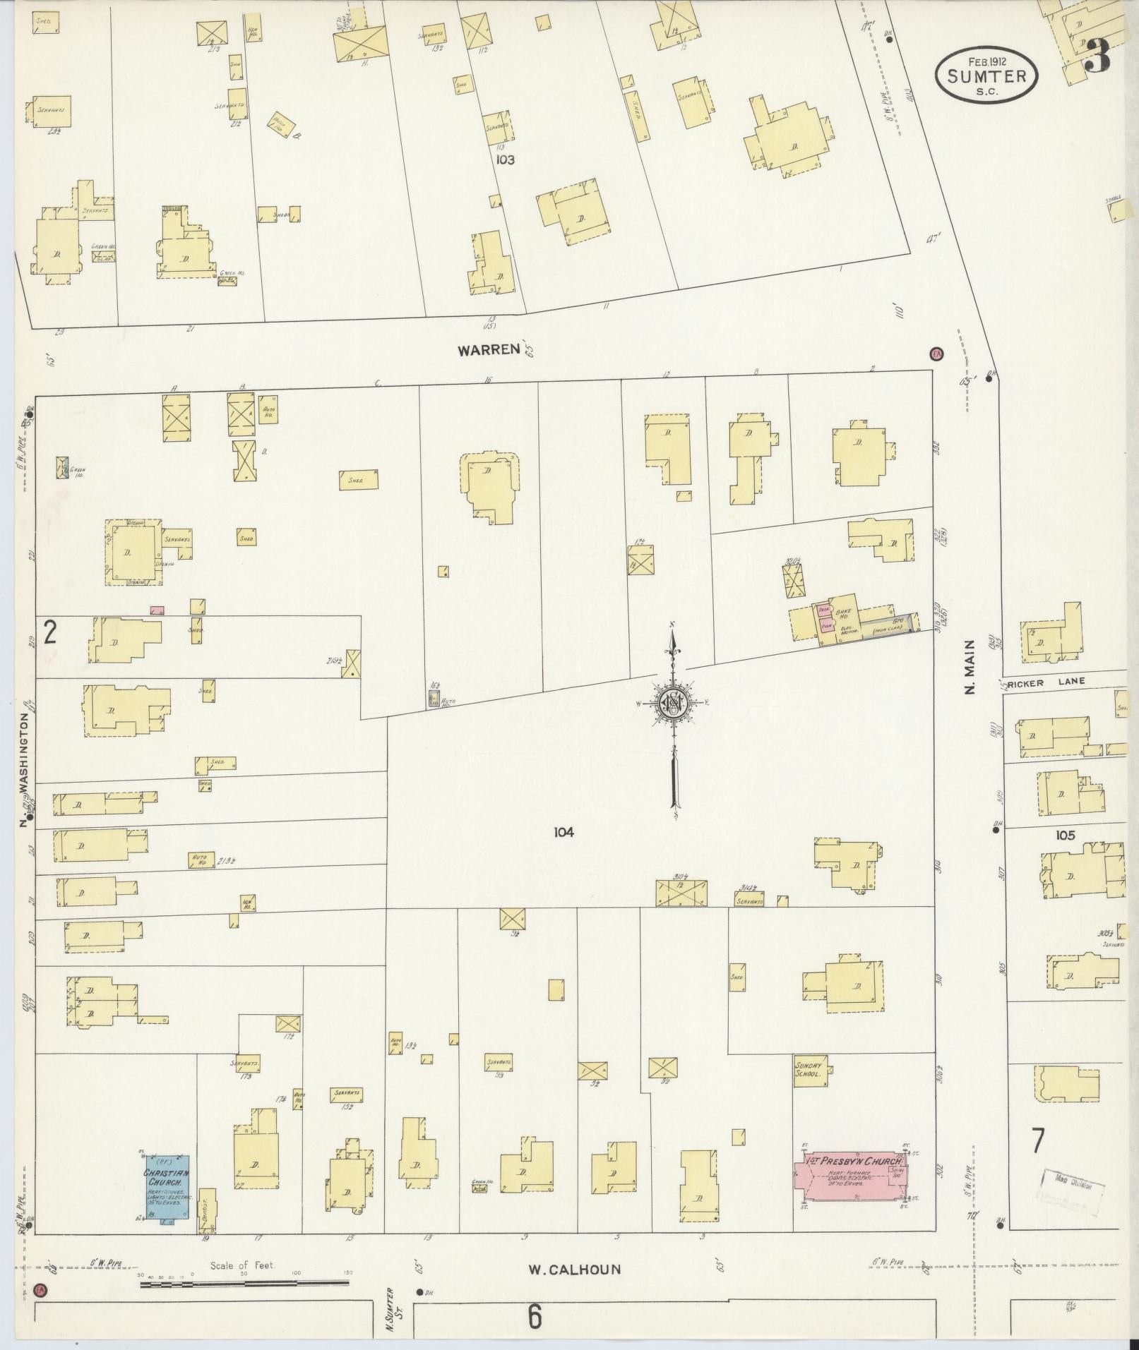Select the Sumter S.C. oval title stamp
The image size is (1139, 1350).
986,76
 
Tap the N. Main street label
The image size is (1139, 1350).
970,667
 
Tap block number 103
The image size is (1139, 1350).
505,160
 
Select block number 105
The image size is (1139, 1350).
1065,836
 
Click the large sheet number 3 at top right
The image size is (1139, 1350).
1098,56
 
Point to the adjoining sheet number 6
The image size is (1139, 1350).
534,1315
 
